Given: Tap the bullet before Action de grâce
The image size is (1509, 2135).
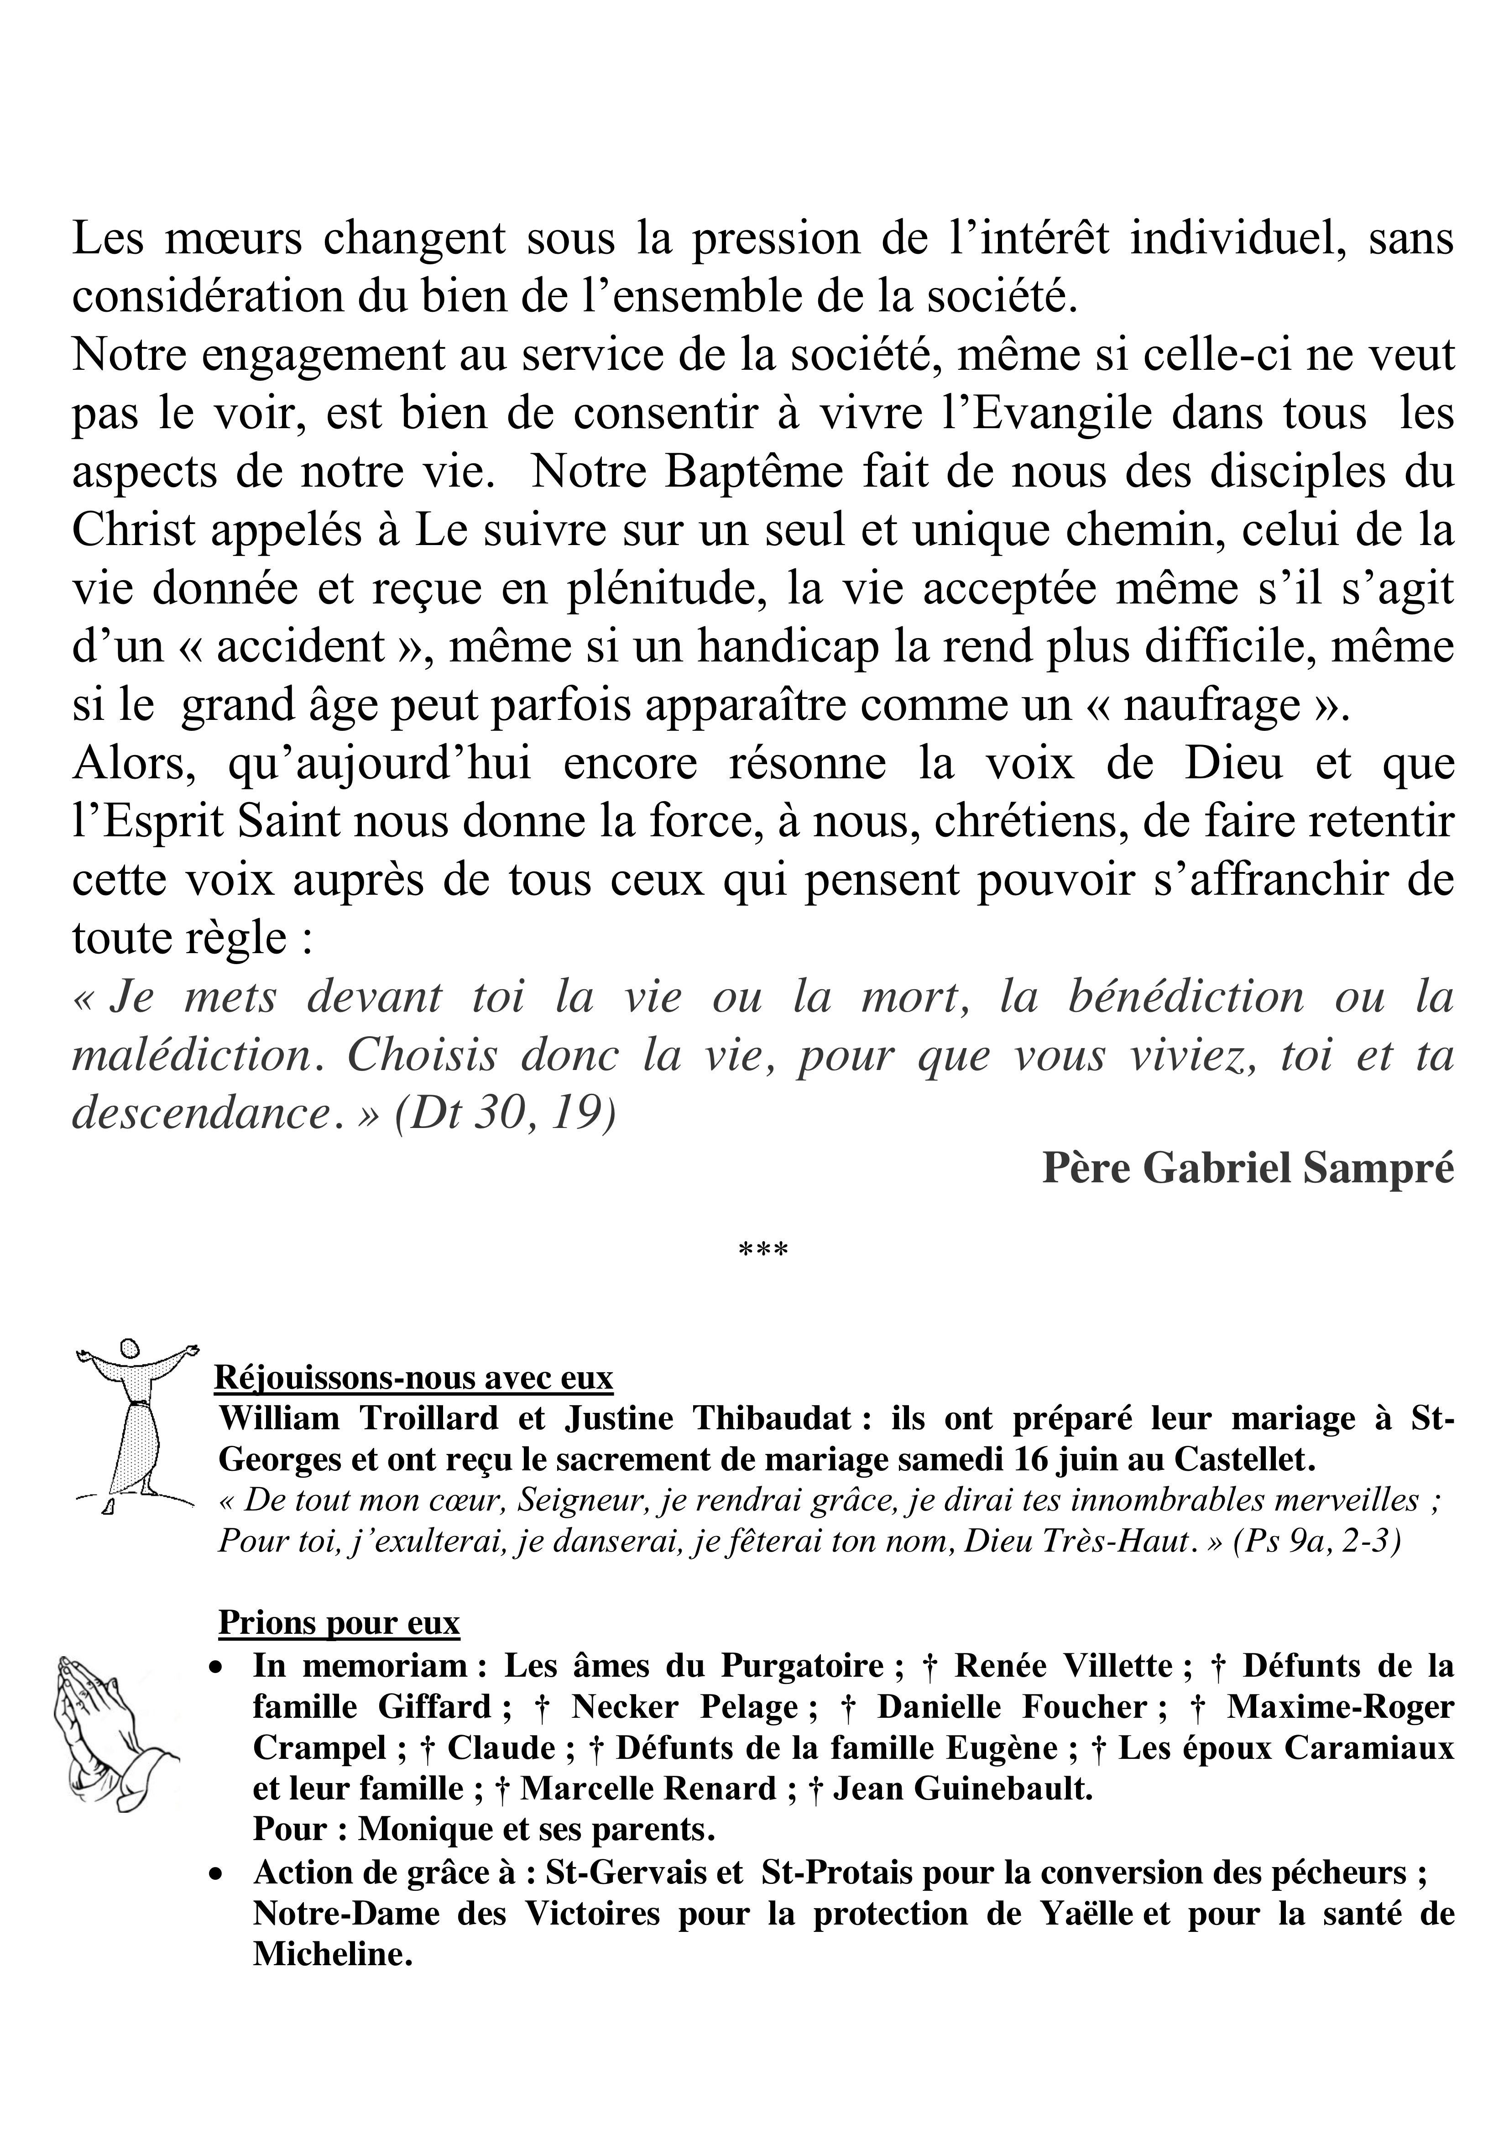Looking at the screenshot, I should [x=216, y=1872].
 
